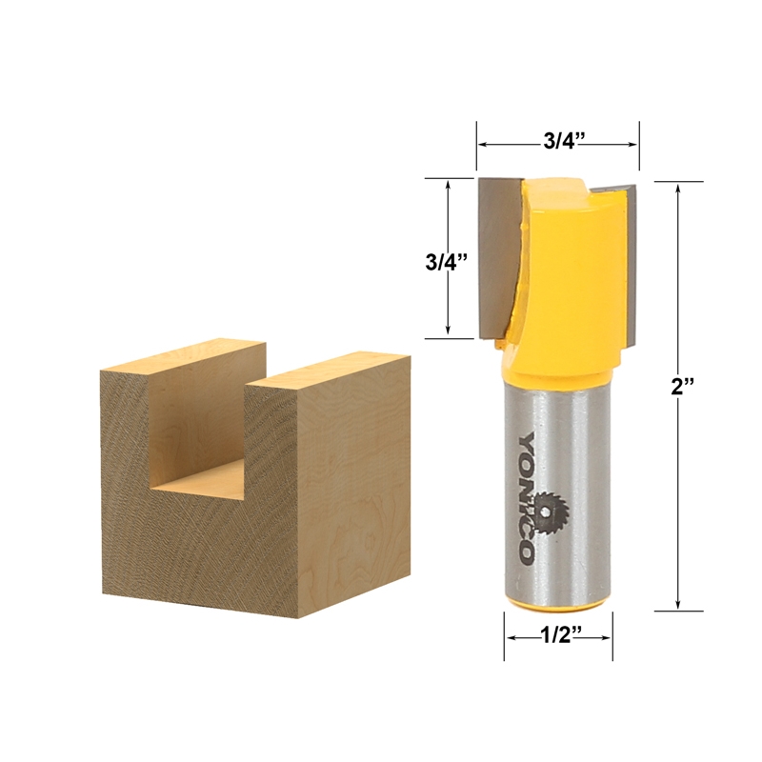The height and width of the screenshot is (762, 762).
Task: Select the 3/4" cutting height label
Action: (446, 263)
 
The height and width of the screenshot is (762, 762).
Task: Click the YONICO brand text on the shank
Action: (527, 497)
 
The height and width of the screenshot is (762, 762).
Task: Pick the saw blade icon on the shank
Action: (551, 511)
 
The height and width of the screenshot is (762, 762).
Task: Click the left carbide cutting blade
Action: (498, 257)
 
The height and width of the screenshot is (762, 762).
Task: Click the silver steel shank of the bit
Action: (557, 491)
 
